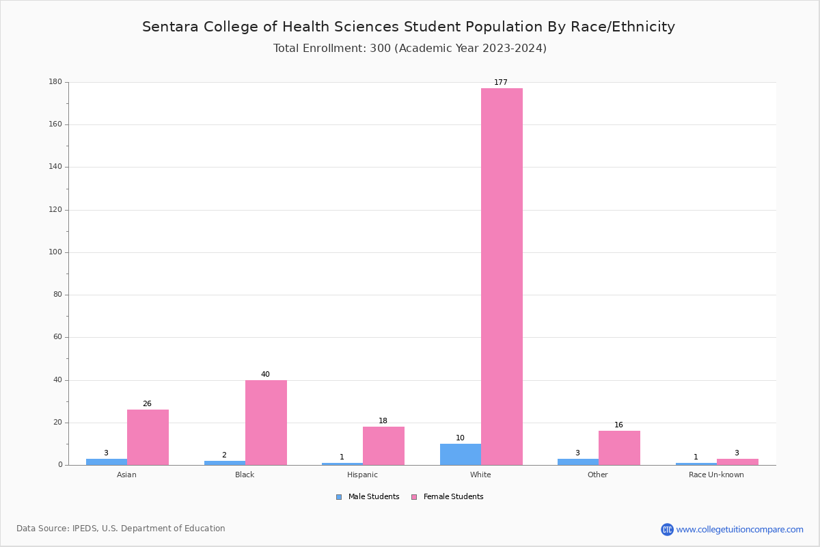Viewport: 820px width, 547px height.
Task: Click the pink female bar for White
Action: (502, 276)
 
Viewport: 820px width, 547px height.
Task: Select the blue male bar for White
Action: (460, 455)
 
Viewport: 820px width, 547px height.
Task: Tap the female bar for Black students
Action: (266, 423)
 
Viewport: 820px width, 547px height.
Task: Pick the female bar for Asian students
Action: (148, 438)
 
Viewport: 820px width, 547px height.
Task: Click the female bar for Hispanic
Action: (383, 446)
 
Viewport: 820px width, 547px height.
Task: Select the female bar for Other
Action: (619, 448)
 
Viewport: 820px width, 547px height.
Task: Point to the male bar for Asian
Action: (107, 462)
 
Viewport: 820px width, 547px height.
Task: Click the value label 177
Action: (501, 83)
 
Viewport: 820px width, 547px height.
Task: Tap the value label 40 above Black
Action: (265, 375)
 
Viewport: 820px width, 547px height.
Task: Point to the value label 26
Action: (147, 404)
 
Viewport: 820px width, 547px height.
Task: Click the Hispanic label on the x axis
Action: (362, 475)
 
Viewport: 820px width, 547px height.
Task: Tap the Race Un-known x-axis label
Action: (716, 475)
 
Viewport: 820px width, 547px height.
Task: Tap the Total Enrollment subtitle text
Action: (409, 49)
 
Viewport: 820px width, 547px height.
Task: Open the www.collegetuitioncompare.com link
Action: (739, 529)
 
